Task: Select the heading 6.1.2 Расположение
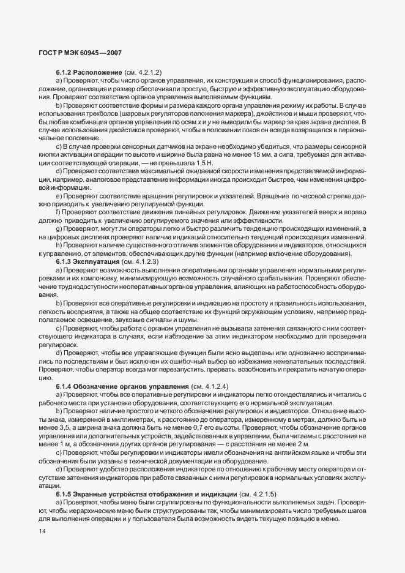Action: [89, 73]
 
